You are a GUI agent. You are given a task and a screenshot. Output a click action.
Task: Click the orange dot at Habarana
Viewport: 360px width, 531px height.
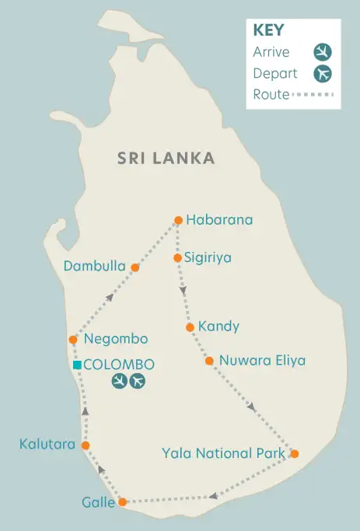click(x=178, y=220)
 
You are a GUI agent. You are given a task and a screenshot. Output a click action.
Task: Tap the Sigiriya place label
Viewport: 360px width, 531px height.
click(x=208, y=257)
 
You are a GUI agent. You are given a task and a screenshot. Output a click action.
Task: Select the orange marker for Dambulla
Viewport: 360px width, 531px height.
click(x=135, y=267)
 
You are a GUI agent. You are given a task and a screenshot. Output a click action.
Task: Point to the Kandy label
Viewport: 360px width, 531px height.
click(x=218, y=327)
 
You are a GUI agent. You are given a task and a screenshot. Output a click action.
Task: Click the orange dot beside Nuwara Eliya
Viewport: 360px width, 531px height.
click(x=209, y=361)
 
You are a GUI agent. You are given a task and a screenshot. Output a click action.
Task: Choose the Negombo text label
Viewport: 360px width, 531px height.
click(x=116, y=339)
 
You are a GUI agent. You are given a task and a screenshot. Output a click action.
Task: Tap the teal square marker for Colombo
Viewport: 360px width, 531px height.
click(x=77, y=365)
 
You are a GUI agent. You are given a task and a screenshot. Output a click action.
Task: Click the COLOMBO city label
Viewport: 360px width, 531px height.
click(x=119, y=365)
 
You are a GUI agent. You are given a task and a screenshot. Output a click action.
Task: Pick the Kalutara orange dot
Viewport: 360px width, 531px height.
click(x=86, y=445)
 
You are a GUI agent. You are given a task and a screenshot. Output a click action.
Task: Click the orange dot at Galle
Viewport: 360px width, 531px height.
click(x=121, y=502)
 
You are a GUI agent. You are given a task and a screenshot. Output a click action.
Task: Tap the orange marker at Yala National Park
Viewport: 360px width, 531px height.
click(x=294, y=453)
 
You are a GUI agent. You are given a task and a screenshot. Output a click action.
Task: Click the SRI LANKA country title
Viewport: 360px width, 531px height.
click(x=166, y=159)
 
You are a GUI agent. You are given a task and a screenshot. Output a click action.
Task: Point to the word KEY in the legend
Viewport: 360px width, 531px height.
click(x=268, y=31)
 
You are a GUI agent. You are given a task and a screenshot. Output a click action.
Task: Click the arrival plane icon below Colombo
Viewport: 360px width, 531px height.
click(x=119, y=381)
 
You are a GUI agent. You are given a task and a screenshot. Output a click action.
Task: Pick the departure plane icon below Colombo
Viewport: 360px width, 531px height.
click(x=138, y=381)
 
